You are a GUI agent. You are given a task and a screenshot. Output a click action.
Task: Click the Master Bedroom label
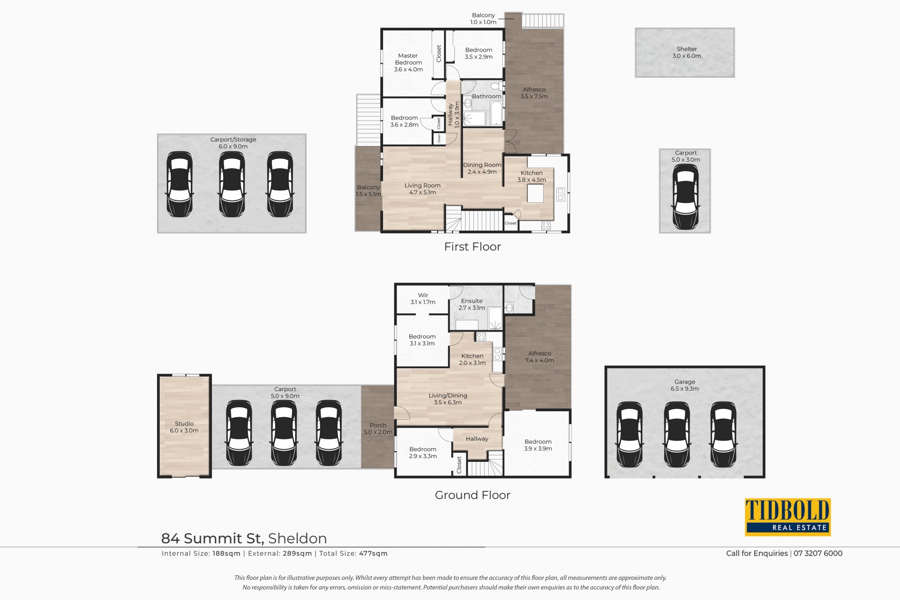coord(408,62)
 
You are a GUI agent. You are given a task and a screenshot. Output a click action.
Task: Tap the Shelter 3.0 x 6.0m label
coord(687,52)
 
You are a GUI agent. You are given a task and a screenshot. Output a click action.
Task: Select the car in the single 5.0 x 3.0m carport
coord(685,196)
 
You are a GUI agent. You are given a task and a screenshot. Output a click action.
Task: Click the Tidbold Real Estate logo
coord(787,517)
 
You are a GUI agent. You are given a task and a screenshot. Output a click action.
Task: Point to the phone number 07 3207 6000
coord(818,553)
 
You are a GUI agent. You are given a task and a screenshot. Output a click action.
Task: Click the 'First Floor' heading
coord(472,247)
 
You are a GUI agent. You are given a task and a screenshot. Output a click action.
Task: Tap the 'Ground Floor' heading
coord(472,495)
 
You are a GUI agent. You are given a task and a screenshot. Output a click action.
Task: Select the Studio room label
coord(184,427)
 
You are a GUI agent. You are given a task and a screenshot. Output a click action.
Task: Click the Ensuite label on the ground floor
coord(472,304)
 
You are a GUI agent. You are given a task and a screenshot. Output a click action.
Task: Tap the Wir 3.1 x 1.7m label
coord(423,299)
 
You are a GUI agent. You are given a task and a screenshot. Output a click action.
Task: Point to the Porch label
coord(378,429)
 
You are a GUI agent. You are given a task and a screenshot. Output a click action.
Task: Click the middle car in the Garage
coord(677,435)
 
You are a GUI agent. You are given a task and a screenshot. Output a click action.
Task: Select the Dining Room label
coord(482,168)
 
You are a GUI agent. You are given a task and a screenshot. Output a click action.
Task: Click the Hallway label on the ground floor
coord(477,439)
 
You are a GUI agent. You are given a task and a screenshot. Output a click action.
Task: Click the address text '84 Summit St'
coord(213,539)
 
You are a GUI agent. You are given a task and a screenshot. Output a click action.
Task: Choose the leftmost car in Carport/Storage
coord(180,184)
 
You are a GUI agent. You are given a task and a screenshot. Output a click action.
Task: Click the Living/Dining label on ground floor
coord(448,399)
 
